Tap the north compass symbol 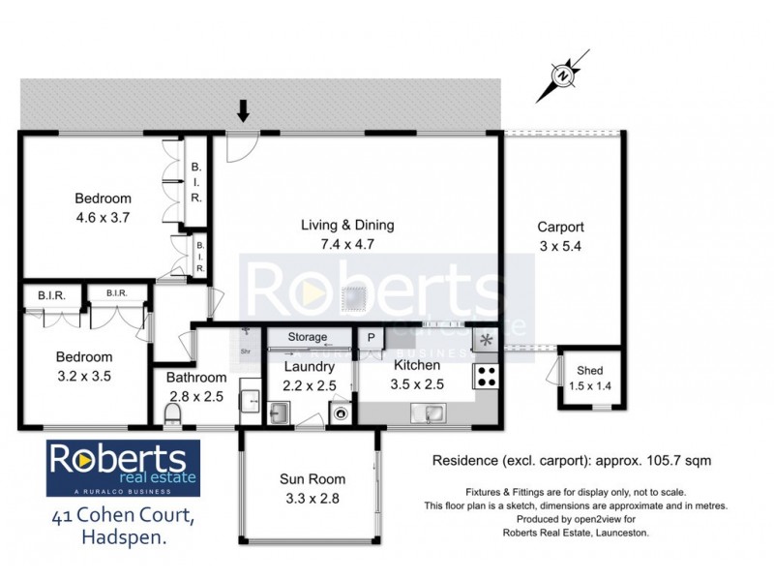pyautogui.click(x=562, y=75)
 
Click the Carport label pyautogui.click(x=561, y=228)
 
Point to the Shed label pyautogui.click(x=589, y=371)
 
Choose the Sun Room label pyautogui.click(x=313, y=479)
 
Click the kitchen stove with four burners pyautogui.click(x=486, y=377)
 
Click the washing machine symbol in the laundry pyautogui.click(x=342, y=413)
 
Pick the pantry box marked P pyautogui.click(x=371, y=338)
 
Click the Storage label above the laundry pyautogui.click(x=307, y=338)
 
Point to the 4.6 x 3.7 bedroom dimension pyautogui.click(x=103, y=218)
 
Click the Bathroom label pyautogui.click(x=196, y=378)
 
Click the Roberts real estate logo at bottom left pyautogui.click(x=124, y=469)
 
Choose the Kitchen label pyautogui.click(x=417, y=366)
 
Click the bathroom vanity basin pyautogui.click(x=249, y=399)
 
